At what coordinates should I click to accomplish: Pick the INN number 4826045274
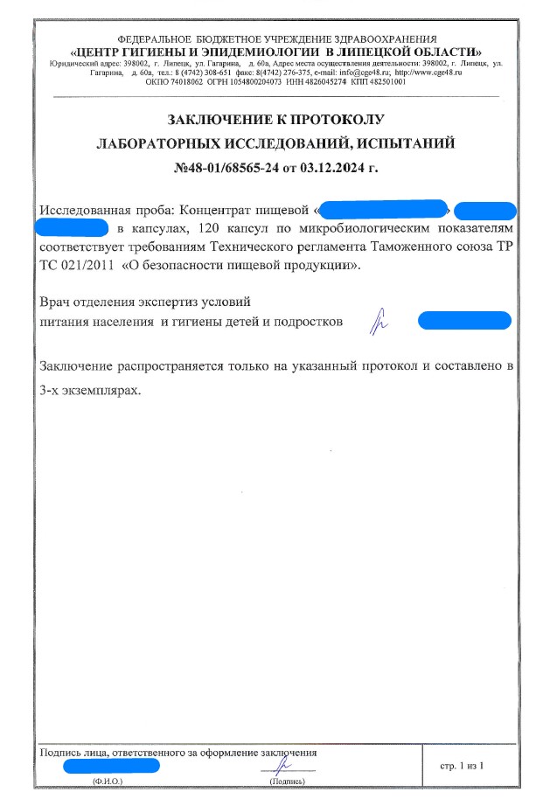(324, 81)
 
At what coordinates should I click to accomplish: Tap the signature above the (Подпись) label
(281, 765)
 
